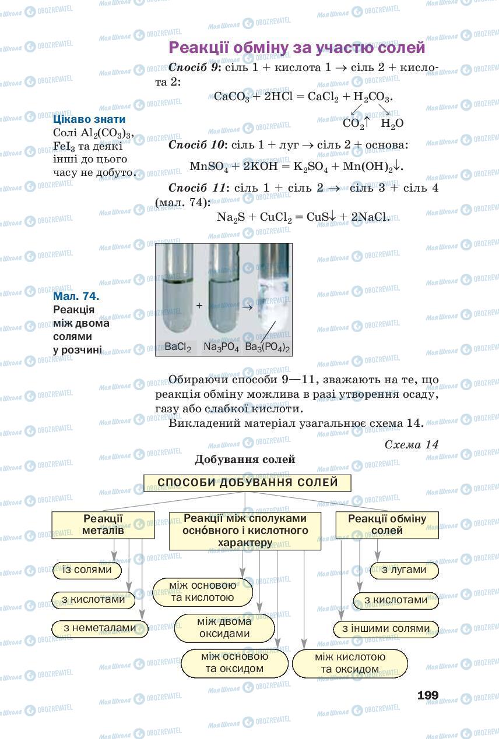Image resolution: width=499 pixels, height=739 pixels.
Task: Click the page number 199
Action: click(428, 695)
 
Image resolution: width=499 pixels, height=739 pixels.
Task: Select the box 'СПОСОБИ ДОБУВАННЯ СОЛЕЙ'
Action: click(248, 483)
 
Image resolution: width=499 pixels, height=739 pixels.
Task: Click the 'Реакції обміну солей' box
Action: click(387, 524)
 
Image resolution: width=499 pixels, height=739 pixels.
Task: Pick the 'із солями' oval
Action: click(87, 570)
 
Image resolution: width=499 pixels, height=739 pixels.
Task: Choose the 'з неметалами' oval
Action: click(99, 628)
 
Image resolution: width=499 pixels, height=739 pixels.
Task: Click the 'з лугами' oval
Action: click(404, 570)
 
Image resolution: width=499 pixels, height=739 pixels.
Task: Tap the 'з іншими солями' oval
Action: click(386, 629)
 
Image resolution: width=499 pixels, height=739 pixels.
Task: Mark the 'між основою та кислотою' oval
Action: click(203, 592)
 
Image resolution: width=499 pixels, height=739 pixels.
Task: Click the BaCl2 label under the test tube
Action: click(178, 347)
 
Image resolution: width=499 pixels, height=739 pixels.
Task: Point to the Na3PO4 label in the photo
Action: click(222, 347)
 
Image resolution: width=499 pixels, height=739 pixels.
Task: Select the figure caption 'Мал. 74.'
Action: click(76, 296)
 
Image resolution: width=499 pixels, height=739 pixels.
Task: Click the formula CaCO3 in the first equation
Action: click(231, 97)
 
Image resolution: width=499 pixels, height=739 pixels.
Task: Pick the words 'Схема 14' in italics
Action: click(412, 444)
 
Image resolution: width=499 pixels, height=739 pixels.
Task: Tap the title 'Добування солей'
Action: click(245, 459)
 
